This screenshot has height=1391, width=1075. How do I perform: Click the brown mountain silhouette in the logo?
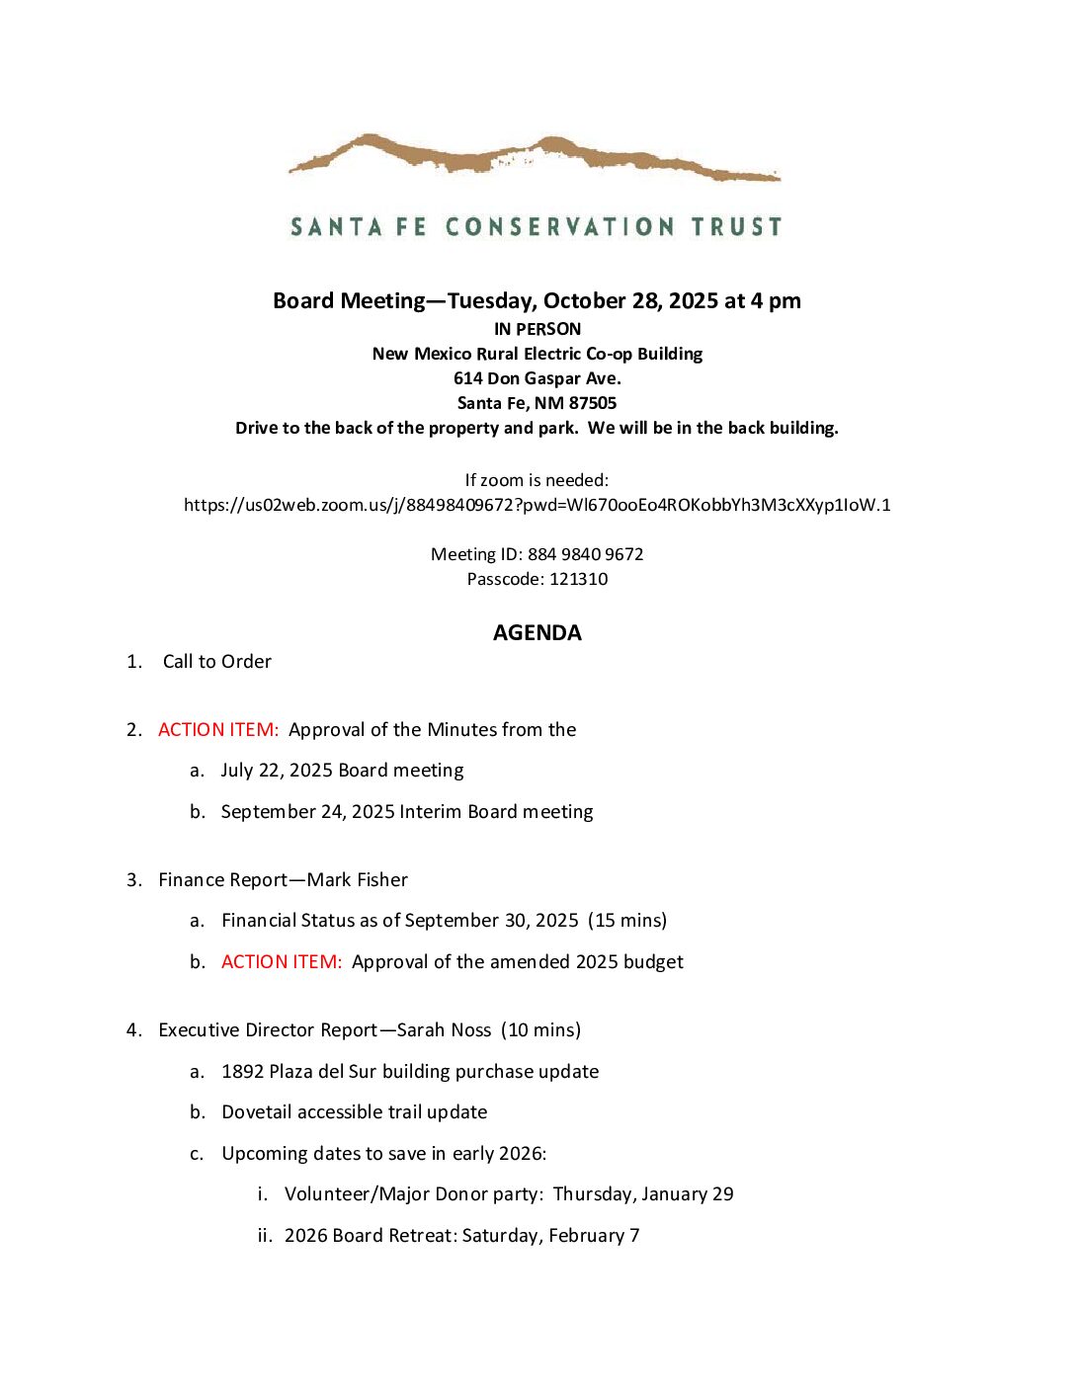[x=534, y=156]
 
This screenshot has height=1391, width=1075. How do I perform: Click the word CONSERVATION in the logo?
[x=560, y=227]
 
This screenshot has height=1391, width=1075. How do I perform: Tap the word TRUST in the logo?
[x=736, y=227]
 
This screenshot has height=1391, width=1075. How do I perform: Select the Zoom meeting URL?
[x=537, y=505]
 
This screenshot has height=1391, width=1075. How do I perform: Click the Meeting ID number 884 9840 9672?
[x=585, y=554]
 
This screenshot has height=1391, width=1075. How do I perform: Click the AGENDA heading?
[x=537, y=633]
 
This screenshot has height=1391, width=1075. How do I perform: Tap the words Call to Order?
[x=216, y=662]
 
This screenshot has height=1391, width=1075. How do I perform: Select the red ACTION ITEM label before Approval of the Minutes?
[x=218, y=730]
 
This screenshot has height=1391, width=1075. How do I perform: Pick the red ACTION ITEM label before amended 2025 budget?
[x=282, y=962]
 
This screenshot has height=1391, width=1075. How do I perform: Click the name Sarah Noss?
[x=444, y=1030]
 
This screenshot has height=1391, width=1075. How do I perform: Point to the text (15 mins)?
[x=627, y=921]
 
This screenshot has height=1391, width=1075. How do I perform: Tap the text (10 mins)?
[x=540, y=1030]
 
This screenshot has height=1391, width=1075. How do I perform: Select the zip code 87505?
[x=593, y=403]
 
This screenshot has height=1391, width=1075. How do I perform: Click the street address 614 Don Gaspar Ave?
[x=537, y=378]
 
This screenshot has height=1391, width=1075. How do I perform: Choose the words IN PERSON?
[x=537, y=329]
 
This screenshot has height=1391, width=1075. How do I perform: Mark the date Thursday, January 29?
[x=643, y=1194]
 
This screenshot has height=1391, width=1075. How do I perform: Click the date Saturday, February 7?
[x=550, y=1236]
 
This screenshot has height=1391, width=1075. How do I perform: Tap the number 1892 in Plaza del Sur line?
[x=242, y=1072]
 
